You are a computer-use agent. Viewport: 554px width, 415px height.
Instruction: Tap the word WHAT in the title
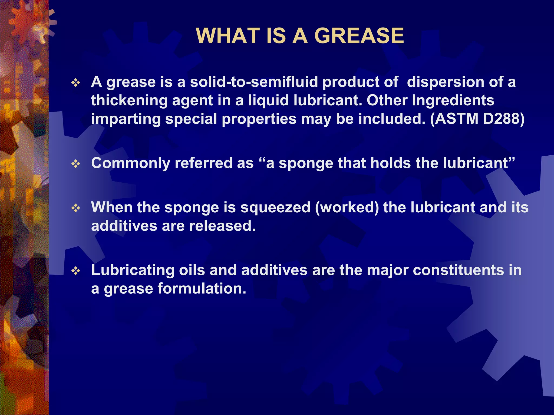(x=228, y=36)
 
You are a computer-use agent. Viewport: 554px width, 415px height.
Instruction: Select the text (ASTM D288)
(x=477, y=119)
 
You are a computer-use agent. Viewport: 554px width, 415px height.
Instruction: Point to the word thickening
(x=129, y=100)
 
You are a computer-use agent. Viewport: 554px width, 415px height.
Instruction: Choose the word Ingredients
(x=453, y=100)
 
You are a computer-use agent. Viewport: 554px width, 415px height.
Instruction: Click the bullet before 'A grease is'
(x=76, y=83)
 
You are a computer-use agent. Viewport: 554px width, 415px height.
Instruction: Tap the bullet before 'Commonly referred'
(x=76, y=164)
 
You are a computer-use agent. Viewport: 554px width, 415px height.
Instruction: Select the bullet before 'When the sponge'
(x=76, y=208)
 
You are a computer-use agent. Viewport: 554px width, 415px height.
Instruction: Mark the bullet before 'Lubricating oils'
(x=76, y=271)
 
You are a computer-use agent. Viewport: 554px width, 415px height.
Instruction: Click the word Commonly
(x=130, y=163)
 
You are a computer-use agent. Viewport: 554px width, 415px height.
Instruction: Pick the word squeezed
(x=275, y=207)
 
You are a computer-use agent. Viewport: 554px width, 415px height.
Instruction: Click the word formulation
(x=202, y=289)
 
